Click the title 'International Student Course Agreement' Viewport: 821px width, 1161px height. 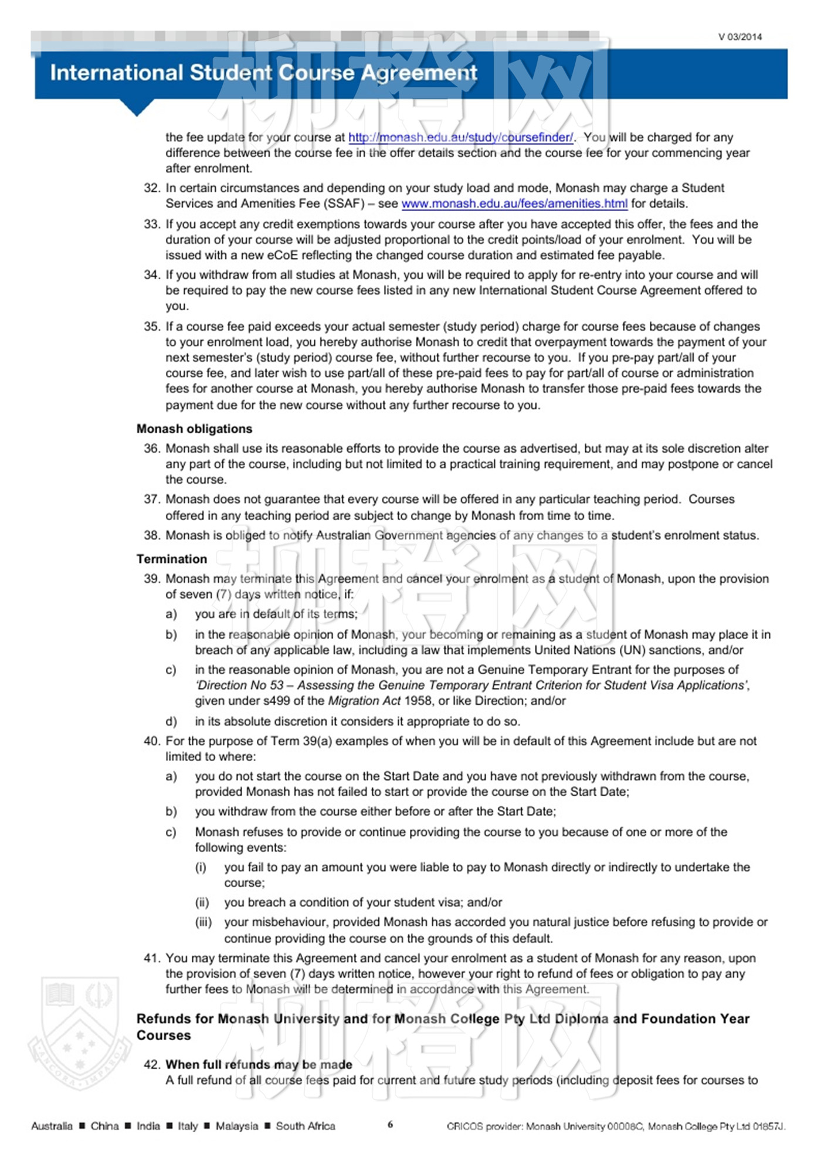[x=263, y=73]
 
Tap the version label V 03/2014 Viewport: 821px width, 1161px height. [x=740, y=37]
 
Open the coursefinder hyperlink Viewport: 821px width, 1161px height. [x=461, y=137]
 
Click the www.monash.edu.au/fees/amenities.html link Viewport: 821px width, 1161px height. [x=514, y=203]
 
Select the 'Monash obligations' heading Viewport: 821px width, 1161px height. [x=194, y=429]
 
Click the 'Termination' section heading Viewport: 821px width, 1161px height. [x=172, y=559]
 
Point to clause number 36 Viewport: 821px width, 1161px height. [x=152, y=449]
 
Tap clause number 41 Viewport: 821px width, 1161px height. [x=152, y=958]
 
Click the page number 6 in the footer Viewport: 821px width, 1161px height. [x=391, y=1123]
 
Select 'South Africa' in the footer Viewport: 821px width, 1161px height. [x=306, y=1126]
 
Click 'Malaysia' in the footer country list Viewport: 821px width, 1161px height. [x=236, y=1126]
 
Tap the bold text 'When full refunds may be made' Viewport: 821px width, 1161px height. [x=259, y=1064]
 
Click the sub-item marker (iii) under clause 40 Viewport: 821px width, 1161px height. [x=203, y=922]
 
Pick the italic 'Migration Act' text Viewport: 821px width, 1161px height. [x=364, y=701]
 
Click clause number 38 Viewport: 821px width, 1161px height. [x=152, y=535]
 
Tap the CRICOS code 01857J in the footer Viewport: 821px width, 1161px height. [x=769, y=1126]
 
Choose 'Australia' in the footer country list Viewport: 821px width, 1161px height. [x=52, y=1126]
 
